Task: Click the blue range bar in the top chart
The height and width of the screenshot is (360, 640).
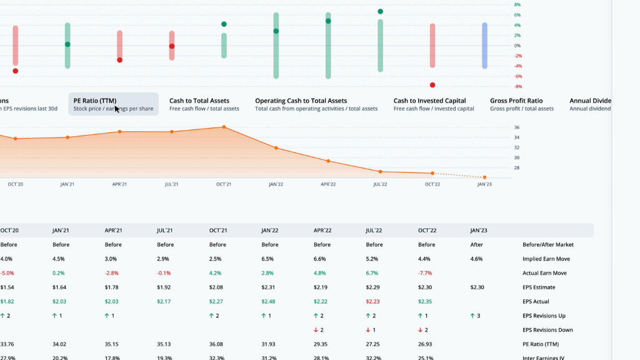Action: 484,46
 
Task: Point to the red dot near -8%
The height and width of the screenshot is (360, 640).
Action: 432,85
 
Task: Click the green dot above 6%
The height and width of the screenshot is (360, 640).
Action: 380,11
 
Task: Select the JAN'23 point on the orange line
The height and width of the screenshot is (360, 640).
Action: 484,177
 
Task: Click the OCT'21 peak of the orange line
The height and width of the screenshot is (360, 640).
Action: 224,127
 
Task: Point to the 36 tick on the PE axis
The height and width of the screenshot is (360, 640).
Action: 517,127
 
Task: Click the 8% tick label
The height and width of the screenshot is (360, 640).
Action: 517,5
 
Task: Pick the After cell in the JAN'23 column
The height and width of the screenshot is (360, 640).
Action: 476,244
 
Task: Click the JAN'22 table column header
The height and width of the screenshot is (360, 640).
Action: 270,230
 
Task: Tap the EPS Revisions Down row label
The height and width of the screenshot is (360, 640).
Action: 548,330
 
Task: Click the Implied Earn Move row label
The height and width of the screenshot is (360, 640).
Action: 546,259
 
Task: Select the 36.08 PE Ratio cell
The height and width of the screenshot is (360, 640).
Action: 217,344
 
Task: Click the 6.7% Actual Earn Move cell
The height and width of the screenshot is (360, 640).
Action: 373,273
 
